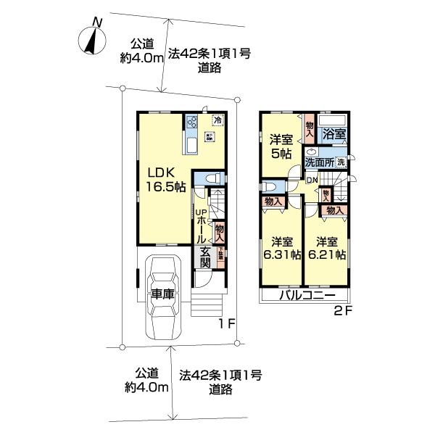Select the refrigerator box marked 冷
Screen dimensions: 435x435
point(217,121)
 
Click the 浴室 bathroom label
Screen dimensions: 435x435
point(333,134)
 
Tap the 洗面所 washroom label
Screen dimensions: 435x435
point(318,162)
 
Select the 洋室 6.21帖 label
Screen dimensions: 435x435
point(326,248)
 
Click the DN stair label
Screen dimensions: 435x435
point(311,180)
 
